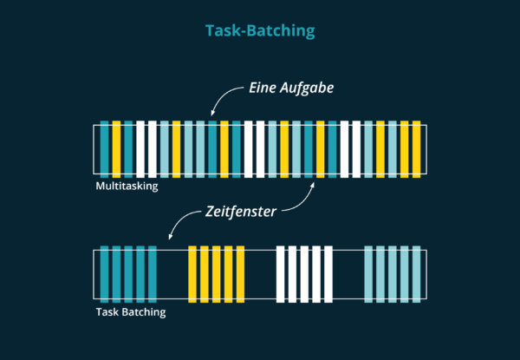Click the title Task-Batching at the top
[x=260, y=30]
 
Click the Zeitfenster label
[x=241, y=210]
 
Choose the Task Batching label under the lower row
[x=130, y=311]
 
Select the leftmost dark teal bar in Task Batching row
[x=105, y=275]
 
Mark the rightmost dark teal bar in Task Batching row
[x=153, y=275]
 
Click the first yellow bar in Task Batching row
[x=192, y=275]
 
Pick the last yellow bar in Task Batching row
[x=241, y=275]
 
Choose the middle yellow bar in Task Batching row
[x=217, y=275]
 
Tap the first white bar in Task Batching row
[x=281, y=275]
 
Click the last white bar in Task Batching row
[x=328, y=275]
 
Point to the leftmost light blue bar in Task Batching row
[x=368, y=275]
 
